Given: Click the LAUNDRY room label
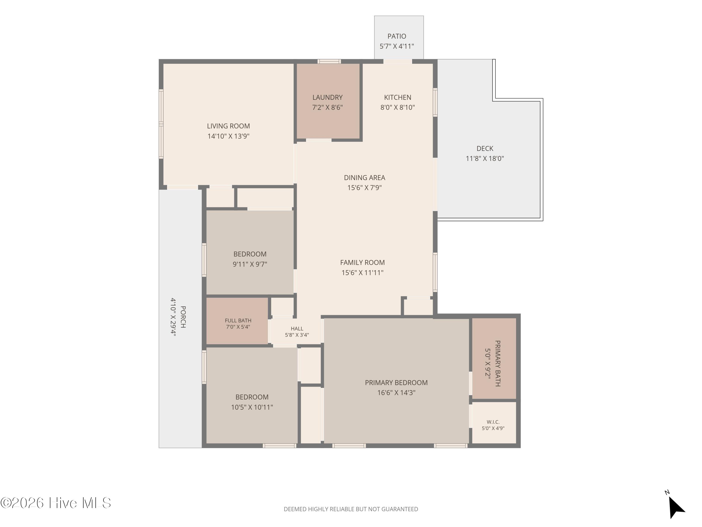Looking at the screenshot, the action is coord(328,97).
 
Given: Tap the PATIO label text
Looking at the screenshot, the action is coord(397,36).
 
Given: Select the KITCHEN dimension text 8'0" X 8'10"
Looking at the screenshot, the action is coord(398,107).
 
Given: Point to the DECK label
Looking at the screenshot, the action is coord(485,148).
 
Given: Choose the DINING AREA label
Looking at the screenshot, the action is coord(365,178).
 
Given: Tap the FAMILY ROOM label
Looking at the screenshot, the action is coord(362,262).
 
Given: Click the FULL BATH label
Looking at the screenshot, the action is coord(238,320).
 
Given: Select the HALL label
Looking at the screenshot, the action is coord(297,328).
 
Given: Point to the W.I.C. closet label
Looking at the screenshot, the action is coord(493,422).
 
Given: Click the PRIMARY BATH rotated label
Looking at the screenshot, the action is coord(498,364).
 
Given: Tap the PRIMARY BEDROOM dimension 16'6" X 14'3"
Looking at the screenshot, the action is coord(396,393).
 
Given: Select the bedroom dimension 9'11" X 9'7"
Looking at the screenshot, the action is coord(250,264).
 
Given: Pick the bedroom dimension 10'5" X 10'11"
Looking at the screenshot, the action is coord(252,407).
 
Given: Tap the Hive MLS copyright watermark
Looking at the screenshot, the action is coord(56,503).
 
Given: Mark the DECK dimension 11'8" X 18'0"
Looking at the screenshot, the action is coord(485,159).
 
